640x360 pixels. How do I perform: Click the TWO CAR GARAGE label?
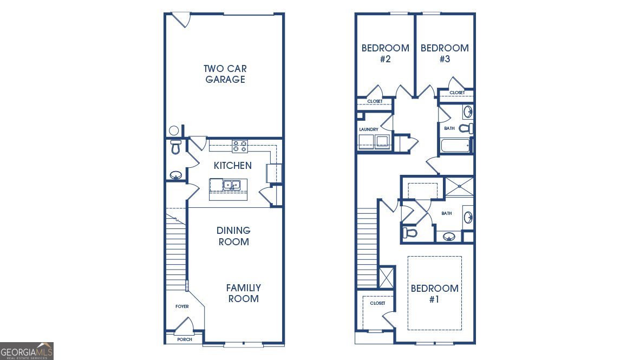pos(224,74)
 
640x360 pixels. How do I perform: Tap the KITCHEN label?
pos(232,165)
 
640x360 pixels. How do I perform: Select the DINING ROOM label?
pos(234,236)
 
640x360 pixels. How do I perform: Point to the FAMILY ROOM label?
pos(243,293)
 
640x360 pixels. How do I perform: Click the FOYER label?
pos(182,306)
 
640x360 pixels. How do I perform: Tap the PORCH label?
pos(184,340)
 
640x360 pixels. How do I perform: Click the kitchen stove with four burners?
pos(240,146)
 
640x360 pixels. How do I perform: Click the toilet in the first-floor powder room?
pos(175,147)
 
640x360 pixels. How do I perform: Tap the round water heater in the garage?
pos(174,130)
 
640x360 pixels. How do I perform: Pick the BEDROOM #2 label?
pos(385,54)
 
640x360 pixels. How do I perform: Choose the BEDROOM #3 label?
pos(445,54)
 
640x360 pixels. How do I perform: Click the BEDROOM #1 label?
pos(434,293)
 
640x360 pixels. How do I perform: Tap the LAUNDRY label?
pos(368,129)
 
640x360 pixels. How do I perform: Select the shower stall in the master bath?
pos(459,186)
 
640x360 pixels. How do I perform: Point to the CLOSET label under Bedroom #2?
pos(375,101)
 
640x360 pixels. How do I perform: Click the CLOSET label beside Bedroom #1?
pos(377,303)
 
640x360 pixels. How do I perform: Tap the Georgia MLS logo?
pos(27,351)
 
